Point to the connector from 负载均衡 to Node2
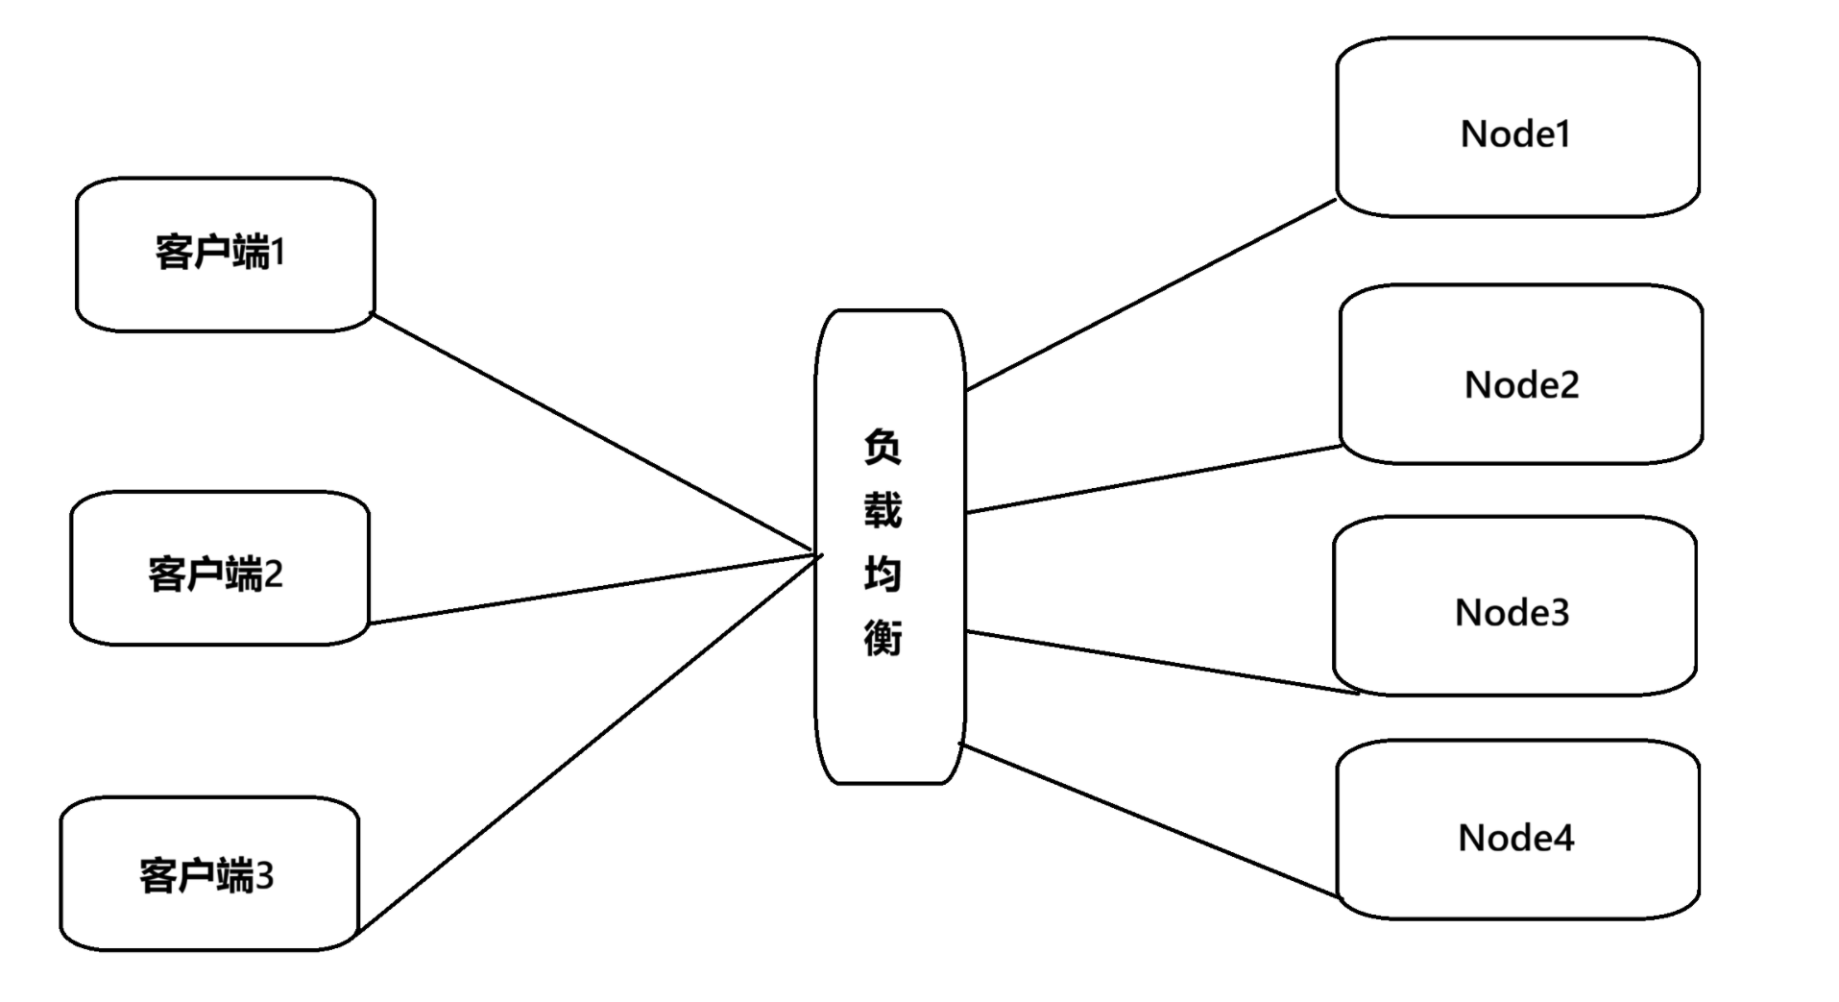tap(1153, 479)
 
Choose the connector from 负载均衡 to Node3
tap(1162, 662)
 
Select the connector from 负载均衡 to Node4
tap(1149, 820)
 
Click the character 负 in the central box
tap(883, 448)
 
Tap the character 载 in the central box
tap(883, 510)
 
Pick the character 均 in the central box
tap(883, 574)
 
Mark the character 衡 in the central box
tap(883, 637)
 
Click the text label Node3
tap(1512, 612)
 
